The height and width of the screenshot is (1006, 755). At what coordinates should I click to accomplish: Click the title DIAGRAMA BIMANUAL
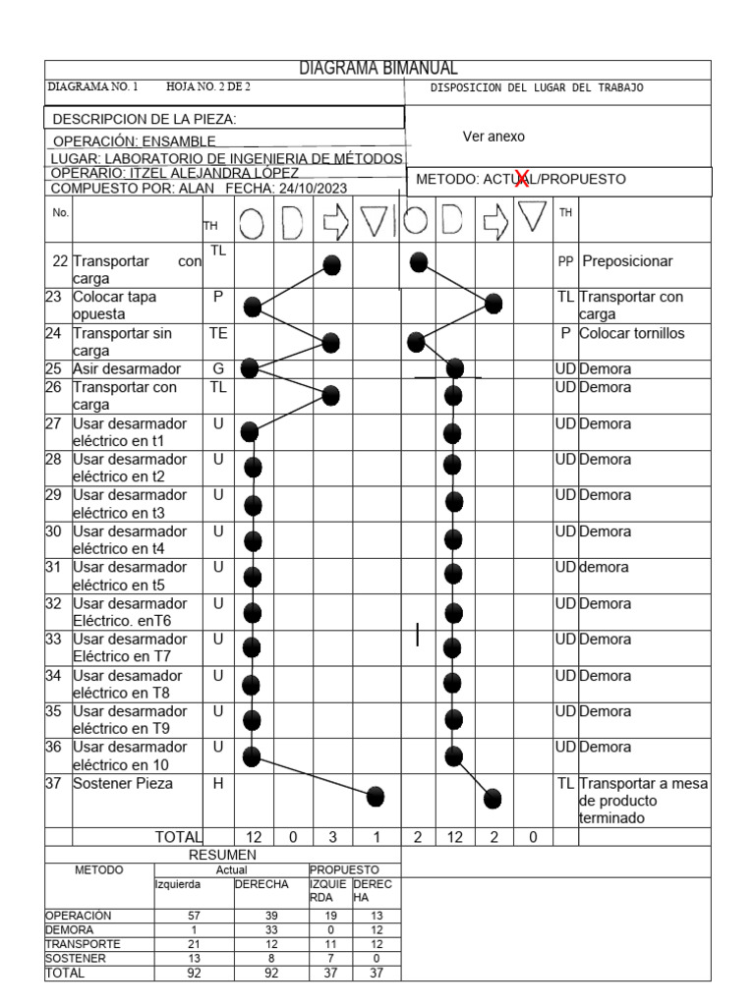pyautogui.click(x=378, y=69)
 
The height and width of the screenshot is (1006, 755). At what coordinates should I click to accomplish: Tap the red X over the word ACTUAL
pyautogui.click(x=532, y=180)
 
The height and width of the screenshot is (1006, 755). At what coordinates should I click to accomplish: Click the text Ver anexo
pyautogui.click(x=493, y=139)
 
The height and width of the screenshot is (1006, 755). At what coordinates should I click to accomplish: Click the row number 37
pyautogui.click(x=60, y=785)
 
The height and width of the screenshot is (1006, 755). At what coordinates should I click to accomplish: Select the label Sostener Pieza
pyautogui.click(x=119, y=785)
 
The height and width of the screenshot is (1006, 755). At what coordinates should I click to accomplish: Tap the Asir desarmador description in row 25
pyautogui.click(x=125, y=368)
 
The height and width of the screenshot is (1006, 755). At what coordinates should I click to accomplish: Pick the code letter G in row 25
pyautogui.click(x=219, y=368)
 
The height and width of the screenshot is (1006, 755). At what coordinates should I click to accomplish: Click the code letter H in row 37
pyautogui.click(x=219, y=785)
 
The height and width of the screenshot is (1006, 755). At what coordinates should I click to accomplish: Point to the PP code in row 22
pyautogui.click(x=565, y=262)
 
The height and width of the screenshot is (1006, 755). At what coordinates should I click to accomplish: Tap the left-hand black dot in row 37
pyautogui.click(x=375, y=797)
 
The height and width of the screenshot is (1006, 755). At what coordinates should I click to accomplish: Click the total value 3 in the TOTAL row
pyautogui.click(x=331, y=837)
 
